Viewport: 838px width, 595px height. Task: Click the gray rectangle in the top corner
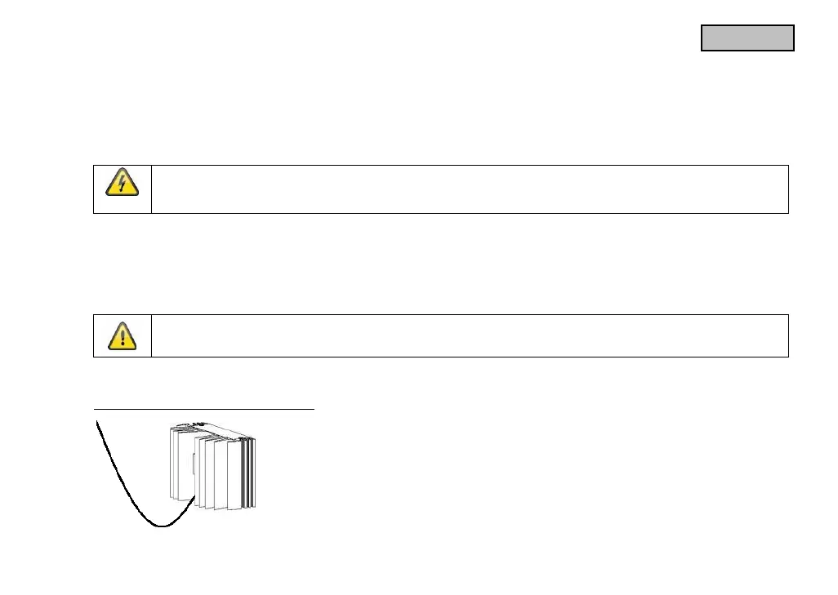coord(747,38)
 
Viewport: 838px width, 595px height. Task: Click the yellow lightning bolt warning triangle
coord(122,184)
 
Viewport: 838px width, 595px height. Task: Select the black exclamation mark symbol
coord(122,335)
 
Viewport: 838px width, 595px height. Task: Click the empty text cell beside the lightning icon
coord(470,189)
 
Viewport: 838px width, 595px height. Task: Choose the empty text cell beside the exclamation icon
coord(470,335)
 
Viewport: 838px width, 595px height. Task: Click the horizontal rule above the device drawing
coord(204,408)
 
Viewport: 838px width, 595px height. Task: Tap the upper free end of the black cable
coord(97,421)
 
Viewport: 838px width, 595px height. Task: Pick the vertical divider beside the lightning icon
coord(152,189)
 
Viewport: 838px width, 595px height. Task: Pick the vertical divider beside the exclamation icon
coord(152,335)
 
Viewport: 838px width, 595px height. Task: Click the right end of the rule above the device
coord(314,408)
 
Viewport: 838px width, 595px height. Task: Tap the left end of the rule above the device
coord(95,408)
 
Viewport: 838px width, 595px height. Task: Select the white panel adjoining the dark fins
coord(234,473)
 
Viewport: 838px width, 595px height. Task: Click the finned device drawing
coord(212,465)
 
